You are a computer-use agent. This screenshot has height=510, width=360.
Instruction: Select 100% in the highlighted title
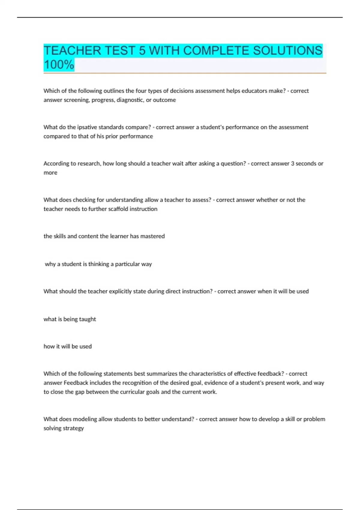[59, 64]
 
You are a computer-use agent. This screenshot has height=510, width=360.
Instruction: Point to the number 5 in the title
[142, 50]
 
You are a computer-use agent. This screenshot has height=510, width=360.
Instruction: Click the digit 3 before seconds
[292, 163]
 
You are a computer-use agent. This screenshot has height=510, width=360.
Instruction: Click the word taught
[88, 319]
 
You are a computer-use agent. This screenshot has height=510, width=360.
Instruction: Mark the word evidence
[215, 383]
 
